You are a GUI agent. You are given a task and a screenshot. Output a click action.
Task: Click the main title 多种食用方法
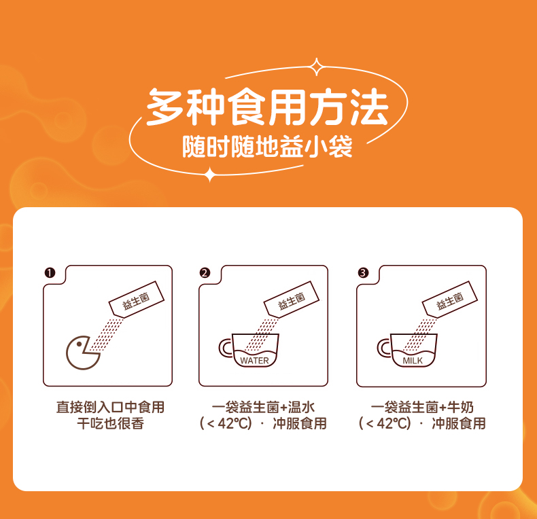[267, 107]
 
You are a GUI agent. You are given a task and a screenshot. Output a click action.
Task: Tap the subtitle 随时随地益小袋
[267, 147]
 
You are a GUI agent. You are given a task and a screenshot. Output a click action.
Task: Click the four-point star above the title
[317, 67]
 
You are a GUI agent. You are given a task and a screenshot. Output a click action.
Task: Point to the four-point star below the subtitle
[210, 175]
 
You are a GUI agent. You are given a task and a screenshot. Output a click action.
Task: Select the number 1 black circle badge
[50, 273]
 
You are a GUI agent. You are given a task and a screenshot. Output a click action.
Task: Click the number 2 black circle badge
[205, 273]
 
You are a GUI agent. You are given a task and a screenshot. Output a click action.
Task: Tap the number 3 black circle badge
[363, 273]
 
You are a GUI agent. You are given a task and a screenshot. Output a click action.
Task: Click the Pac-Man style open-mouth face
[83, 353]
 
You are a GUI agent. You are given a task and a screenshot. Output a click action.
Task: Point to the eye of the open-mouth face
[79, 344]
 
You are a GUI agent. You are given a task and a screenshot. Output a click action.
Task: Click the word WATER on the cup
[254, 361]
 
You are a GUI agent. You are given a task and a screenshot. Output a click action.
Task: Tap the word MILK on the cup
[413, 361]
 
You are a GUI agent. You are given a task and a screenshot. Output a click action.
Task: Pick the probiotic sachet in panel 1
[137, 300]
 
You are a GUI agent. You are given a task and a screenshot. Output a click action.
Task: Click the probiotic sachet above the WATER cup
[292, 300]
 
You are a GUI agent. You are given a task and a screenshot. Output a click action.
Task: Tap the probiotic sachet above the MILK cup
[450, 300]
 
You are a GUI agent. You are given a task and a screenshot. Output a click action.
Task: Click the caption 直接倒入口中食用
[110, 408]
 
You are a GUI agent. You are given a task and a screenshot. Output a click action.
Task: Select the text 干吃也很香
[110, 423]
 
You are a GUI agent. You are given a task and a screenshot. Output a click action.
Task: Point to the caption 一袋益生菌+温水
[263, 408]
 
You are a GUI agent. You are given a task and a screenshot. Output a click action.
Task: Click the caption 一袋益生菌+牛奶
[422, 408]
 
